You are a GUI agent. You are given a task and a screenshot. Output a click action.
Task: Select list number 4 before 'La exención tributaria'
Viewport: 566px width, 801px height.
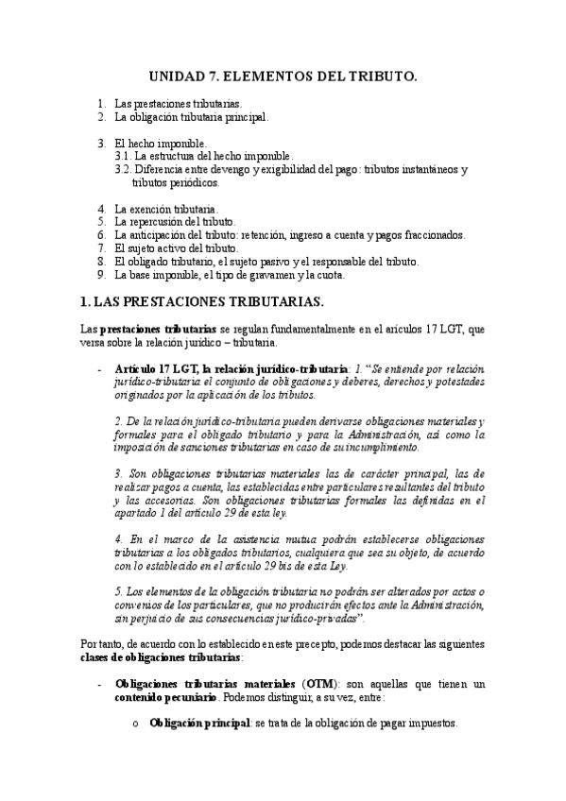tap(102, 208)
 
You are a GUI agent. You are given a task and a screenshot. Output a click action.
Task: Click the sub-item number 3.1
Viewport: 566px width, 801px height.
tap(122, 156)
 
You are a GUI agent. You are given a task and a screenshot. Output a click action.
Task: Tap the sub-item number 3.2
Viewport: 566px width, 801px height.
tap(122, 169)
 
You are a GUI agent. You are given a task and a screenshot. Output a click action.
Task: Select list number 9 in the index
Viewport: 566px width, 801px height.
tap(102, 275)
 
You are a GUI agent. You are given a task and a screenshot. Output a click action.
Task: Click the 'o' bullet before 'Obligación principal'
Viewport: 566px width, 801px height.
tap(135, 724)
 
